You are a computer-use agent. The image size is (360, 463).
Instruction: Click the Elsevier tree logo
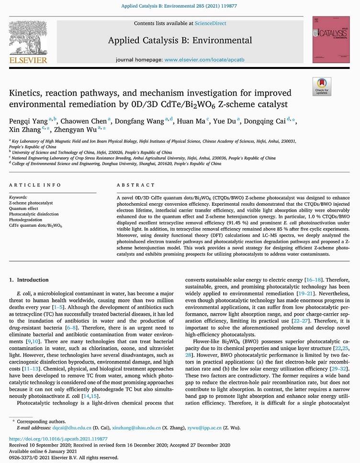28,38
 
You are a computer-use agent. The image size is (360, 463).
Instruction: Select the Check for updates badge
321,86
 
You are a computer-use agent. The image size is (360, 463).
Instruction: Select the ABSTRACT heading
136,185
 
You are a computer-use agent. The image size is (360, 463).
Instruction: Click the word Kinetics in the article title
25,92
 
